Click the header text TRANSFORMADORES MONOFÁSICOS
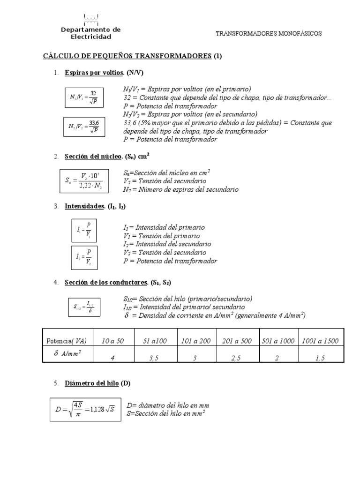point(269,34)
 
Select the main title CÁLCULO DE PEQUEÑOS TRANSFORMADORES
point(127,56)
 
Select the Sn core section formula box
point(84,180)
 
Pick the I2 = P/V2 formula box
point(84,258)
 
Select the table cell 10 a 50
point(112,341)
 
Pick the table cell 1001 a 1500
point(320,341)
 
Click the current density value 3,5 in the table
point(154,358)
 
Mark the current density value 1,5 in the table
point(320,358)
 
